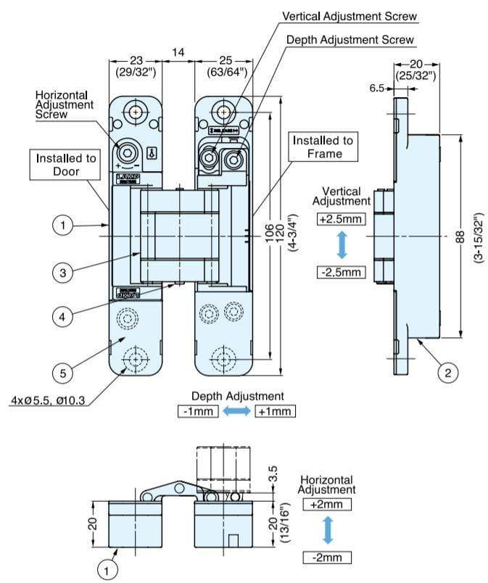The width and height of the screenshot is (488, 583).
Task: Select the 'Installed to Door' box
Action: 66,165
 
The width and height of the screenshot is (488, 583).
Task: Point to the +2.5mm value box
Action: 340,219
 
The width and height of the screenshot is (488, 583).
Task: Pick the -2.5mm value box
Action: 341,273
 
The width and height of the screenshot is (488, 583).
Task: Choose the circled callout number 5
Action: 63,373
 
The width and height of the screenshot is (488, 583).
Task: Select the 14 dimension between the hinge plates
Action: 178,52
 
